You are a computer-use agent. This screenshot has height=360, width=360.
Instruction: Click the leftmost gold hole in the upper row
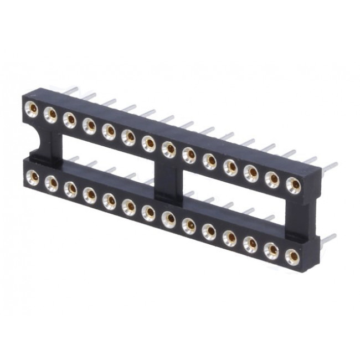(32, 108)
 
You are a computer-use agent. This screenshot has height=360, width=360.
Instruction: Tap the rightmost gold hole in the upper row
(294, 185)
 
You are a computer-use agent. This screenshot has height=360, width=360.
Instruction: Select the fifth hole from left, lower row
(109, 200)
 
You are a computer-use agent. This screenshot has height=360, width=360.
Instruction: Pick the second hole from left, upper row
(50, 114)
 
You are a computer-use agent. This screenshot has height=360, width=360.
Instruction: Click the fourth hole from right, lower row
(229, 237)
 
